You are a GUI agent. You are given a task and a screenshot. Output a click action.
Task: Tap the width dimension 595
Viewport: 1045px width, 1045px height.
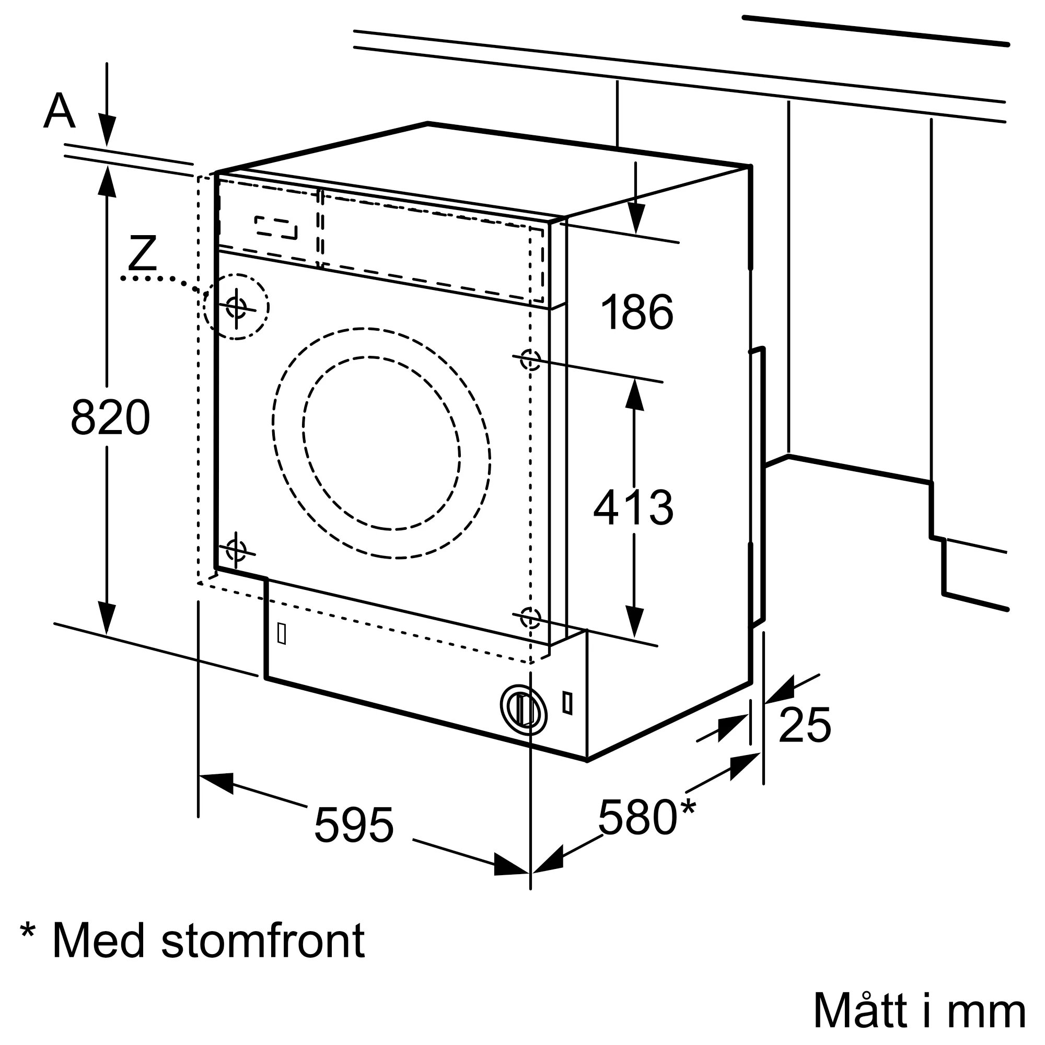[x=354, y=826]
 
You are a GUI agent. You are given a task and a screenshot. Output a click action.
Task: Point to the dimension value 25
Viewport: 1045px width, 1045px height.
[x=804, y=725]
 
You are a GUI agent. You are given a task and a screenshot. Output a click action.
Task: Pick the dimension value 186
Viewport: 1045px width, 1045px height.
[x=636, y=312]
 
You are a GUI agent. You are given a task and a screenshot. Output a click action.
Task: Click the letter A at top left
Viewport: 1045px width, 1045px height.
[x=59, y=111]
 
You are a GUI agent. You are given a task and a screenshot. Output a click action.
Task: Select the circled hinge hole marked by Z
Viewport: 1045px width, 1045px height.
[x=236, y=307]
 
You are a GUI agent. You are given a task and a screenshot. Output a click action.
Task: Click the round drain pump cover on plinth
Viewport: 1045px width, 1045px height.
[x=523, y=710]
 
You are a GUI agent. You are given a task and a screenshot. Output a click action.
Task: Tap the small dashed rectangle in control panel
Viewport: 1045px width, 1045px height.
[x=276, y=228]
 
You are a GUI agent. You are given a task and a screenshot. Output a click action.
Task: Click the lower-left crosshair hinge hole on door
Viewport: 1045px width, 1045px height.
[x=236, y=551]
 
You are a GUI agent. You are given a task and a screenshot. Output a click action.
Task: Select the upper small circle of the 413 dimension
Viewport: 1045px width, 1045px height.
[x=530, y=359]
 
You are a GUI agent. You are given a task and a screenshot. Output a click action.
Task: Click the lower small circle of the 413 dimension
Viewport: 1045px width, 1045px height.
[x=530, y=617]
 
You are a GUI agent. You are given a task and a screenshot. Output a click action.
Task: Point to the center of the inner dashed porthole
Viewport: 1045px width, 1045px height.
[x=382, y=443]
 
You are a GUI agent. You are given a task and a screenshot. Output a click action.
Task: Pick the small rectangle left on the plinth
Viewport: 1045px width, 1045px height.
[x=281, y=633]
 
